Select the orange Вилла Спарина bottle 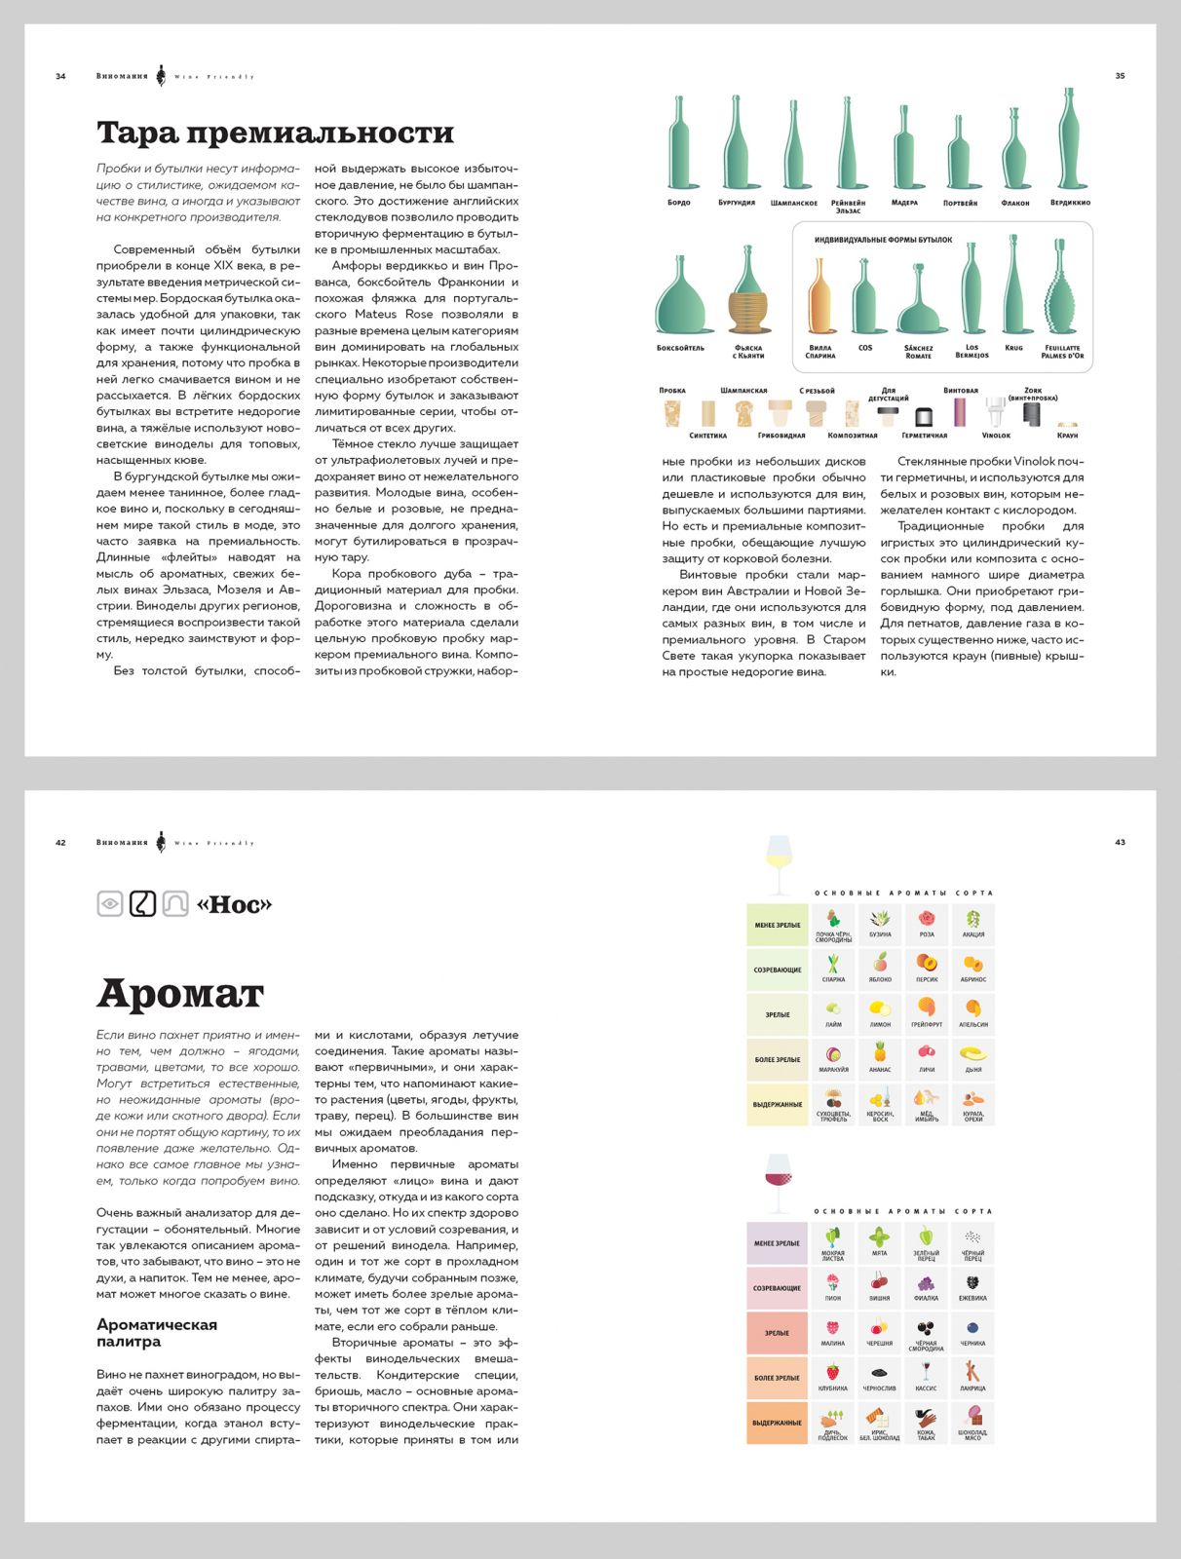819,298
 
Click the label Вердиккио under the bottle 1070,203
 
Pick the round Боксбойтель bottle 680,296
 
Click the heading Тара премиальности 276,133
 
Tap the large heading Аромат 180,994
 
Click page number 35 1120,76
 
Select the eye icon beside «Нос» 110,904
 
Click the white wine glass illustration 780,862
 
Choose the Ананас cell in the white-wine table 880,1058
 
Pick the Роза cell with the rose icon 927,924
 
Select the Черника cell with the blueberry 972,1332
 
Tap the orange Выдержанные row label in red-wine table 777,1423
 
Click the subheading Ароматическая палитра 157,1333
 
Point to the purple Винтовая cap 960,412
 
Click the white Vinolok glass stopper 995,413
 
